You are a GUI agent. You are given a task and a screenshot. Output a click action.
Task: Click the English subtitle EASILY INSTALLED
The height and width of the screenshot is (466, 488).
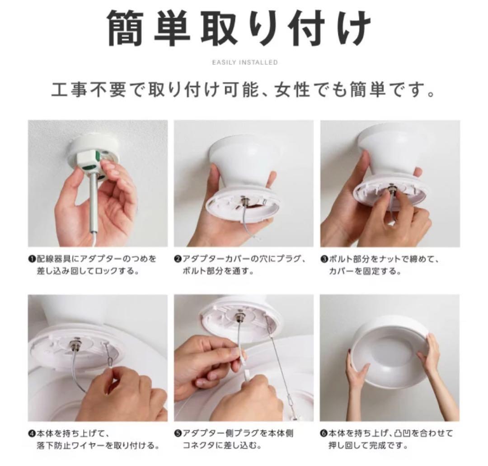[244, 62]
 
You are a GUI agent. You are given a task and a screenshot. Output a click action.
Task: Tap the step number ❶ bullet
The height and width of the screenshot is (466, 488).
[32, 259]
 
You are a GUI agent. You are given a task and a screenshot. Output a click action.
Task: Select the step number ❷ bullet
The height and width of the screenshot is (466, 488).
[178, 259]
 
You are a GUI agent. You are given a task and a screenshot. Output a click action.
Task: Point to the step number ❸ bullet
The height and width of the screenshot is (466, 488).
[324, 259]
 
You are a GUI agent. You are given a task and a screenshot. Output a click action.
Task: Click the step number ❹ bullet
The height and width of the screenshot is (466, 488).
[32, 433]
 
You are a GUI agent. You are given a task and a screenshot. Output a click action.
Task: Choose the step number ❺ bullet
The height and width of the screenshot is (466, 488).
[178, 433]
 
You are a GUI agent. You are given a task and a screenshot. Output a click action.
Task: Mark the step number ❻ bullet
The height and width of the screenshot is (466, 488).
[324, 433]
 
